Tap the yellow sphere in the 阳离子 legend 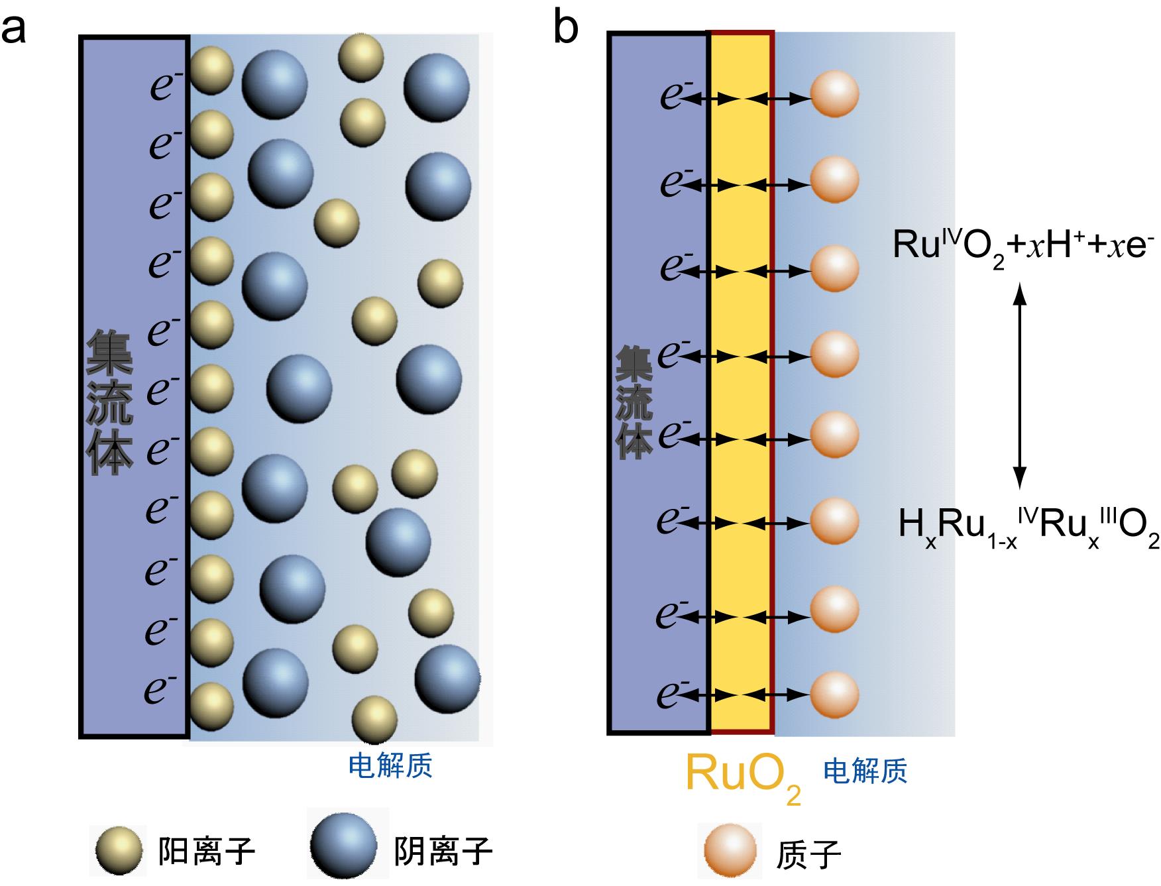pos(119,850)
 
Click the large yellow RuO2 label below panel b pos(742,775)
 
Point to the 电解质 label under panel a pos(390,765)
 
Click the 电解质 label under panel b pos(865,771)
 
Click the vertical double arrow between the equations pos(1020,385)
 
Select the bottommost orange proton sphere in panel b pos(834,694)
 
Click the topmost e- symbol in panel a pos(166,85)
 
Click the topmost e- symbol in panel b pos(676,94)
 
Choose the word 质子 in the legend pos(807,855)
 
